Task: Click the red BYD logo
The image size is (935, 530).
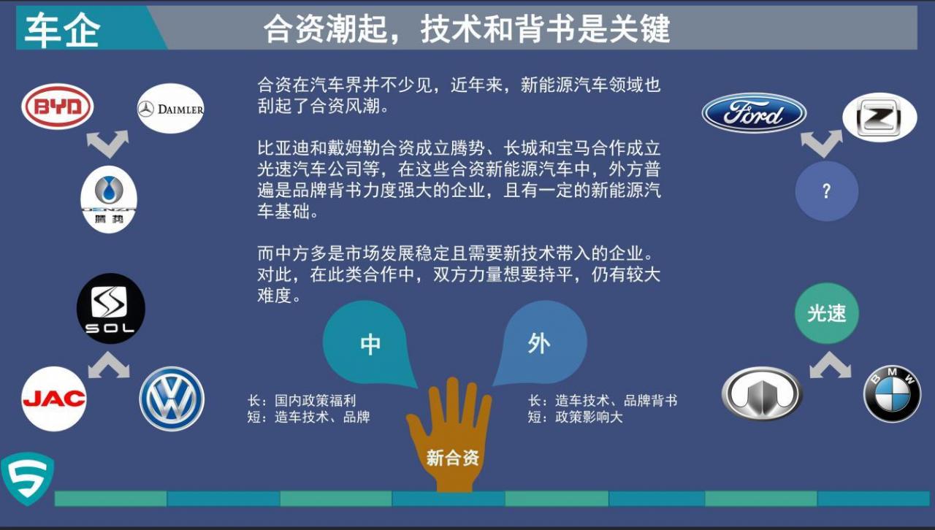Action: pos(58,107)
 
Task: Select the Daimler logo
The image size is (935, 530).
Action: pos(171,109)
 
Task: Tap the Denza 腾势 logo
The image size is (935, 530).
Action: pos(109,199)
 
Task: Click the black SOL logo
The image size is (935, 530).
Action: pos(110,308)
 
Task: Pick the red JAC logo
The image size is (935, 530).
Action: pos(54,399)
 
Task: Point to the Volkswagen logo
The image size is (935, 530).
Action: pos(172,399)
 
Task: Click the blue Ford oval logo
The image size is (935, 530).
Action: pos(754,113)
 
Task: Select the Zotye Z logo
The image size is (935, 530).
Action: pos(879,118)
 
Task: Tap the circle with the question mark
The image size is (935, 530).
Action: pos(826,191)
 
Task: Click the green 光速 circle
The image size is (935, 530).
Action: pos(826,313)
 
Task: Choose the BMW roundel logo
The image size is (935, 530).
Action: pos(892,394)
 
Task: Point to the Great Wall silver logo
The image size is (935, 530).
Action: pos(762,393)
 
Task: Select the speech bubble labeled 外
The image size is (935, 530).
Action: pos(540,343)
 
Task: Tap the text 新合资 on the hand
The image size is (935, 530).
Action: pos(452,458)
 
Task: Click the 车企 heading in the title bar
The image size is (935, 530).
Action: pos(63,30)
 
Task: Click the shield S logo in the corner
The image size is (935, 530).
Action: pos(28,479)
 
